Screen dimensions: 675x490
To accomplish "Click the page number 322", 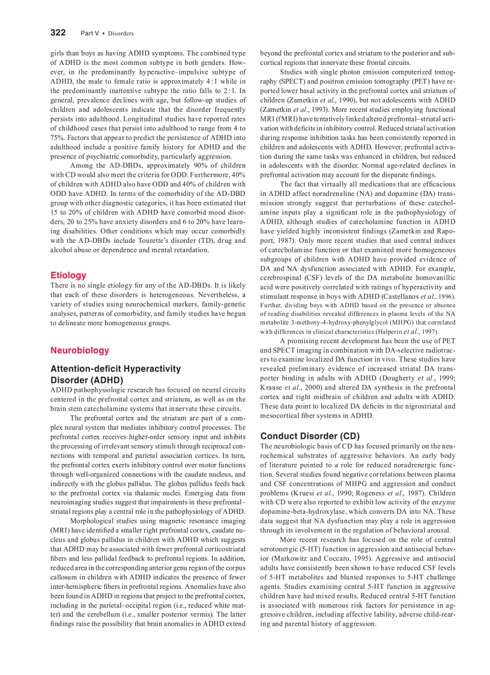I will (58, 32).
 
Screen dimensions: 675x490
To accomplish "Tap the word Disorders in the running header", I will (121, 33).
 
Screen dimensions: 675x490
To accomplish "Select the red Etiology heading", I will (68, 275).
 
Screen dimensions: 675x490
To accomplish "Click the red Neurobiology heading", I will (80, 350).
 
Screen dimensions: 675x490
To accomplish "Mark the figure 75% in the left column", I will (58, 137).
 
